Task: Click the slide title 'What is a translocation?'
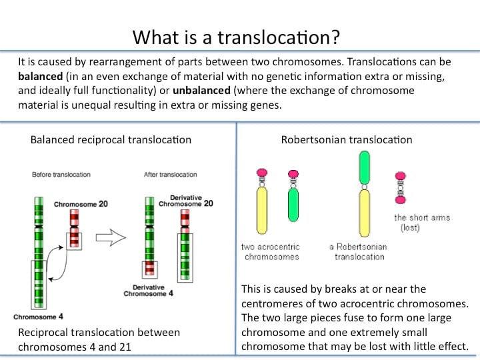[x=236, y=37]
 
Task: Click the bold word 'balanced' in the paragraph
[x=41, y=76]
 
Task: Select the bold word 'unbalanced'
[x=201, y=90]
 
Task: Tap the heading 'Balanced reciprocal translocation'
[x=111, y=139]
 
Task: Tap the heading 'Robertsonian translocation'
[x=347, y=139]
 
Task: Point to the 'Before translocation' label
[x=61, y=175]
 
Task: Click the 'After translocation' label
[x=170, y=175]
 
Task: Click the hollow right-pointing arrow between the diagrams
[x=111, y=237]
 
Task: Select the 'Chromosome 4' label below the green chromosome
[x=38, y=317]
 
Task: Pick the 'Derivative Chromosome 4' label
[x=148, y=290]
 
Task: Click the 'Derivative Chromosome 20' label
[x=185, y=201]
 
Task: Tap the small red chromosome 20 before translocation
[x=75, y=229]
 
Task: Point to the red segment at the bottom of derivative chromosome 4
[x=150, y=269]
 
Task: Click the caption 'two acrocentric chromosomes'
[x=271, y=251]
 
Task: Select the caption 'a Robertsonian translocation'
[x=359, y=251]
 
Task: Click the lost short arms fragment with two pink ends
[x=401, y=187]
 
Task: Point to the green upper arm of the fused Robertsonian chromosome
[x=364, y=168]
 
